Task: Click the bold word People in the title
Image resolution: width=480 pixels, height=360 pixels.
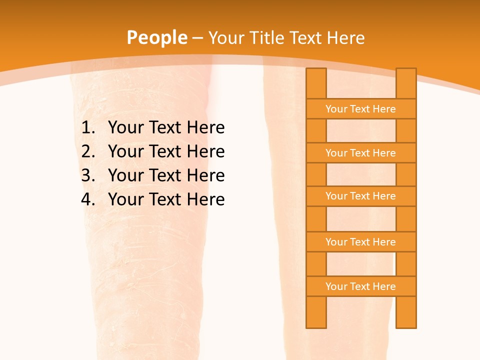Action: [x=156, y=37]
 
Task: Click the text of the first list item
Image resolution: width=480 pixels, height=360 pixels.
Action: [x=166, y=128]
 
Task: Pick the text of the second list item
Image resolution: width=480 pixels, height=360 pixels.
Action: [x=166, y=151]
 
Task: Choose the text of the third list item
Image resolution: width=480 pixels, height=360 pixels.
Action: [x=166, y=175]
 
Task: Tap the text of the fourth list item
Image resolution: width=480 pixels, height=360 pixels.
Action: [x=166, y=199]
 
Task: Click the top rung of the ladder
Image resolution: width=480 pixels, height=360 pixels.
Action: [x=360, y=109]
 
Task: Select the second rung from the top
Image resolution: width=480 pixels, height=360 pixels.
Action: [x=360, y=153]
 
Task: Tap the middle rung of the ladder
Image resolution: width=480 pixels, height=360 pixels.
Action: [x=360, y=196]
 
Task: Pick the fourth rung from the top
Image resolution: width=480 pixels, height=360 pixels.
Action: [x=360, y=242]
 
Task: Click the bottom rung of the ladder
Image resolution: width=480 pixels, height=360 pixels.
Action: [x=360, y=286]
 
